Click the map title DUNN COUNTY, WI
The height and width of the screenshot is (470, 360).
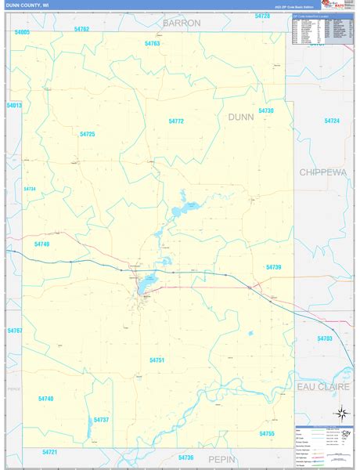point(32,5)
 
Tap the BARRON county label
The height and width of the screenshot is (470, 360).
point(182,23)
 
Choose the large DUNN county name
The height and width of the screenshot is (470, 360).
point(242,117)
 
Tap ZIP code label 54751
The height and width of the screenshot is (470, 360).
point(157,360)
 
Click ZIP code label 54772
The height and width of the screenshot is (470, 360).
point(176,121)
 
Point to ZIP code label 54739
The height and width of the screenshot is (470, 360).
point(273,267)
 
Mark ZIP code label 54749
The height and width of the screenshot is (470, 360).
point(41,244)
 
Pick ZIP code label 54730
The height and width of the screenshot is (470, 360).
point(266,111)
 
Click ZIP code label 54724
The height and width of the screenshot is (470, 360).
point(333,121)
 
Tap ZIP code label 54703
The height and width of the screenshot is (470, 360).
point(325,338)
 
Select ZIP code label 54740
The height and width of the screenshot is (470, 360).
point(46,399)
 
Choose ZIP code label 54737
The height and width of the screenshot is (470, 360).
point(101,420)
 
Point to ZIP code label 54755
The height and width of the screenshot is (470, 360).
point(267,433)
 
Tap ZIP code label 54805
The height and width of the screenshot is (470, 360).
point(22,32)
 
